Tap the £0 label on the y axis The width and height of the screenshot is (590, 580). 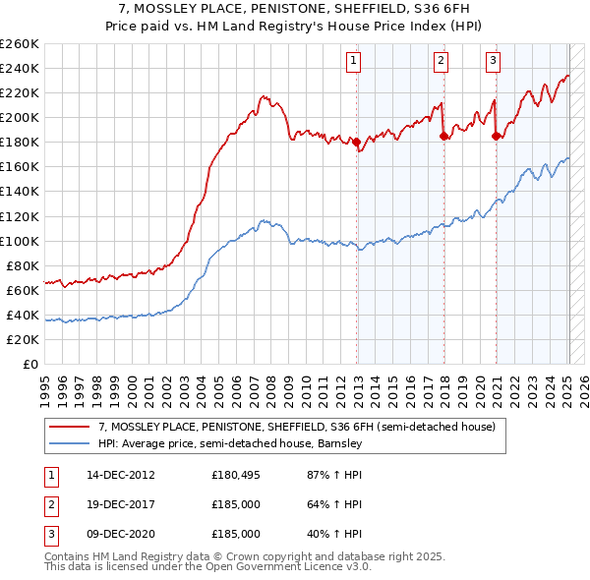point(29,365)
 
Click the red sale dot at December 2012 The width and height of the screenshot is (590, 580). point(357,142)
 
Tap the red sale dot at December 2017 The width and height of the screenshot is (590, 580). point(444,137)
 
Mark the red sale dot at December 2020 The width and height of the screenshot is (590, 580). point(496,137)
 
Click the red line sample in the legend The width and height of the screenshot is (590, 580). point(70,427)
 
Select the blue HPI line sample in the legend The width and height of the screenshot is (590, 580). point(70,443)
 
